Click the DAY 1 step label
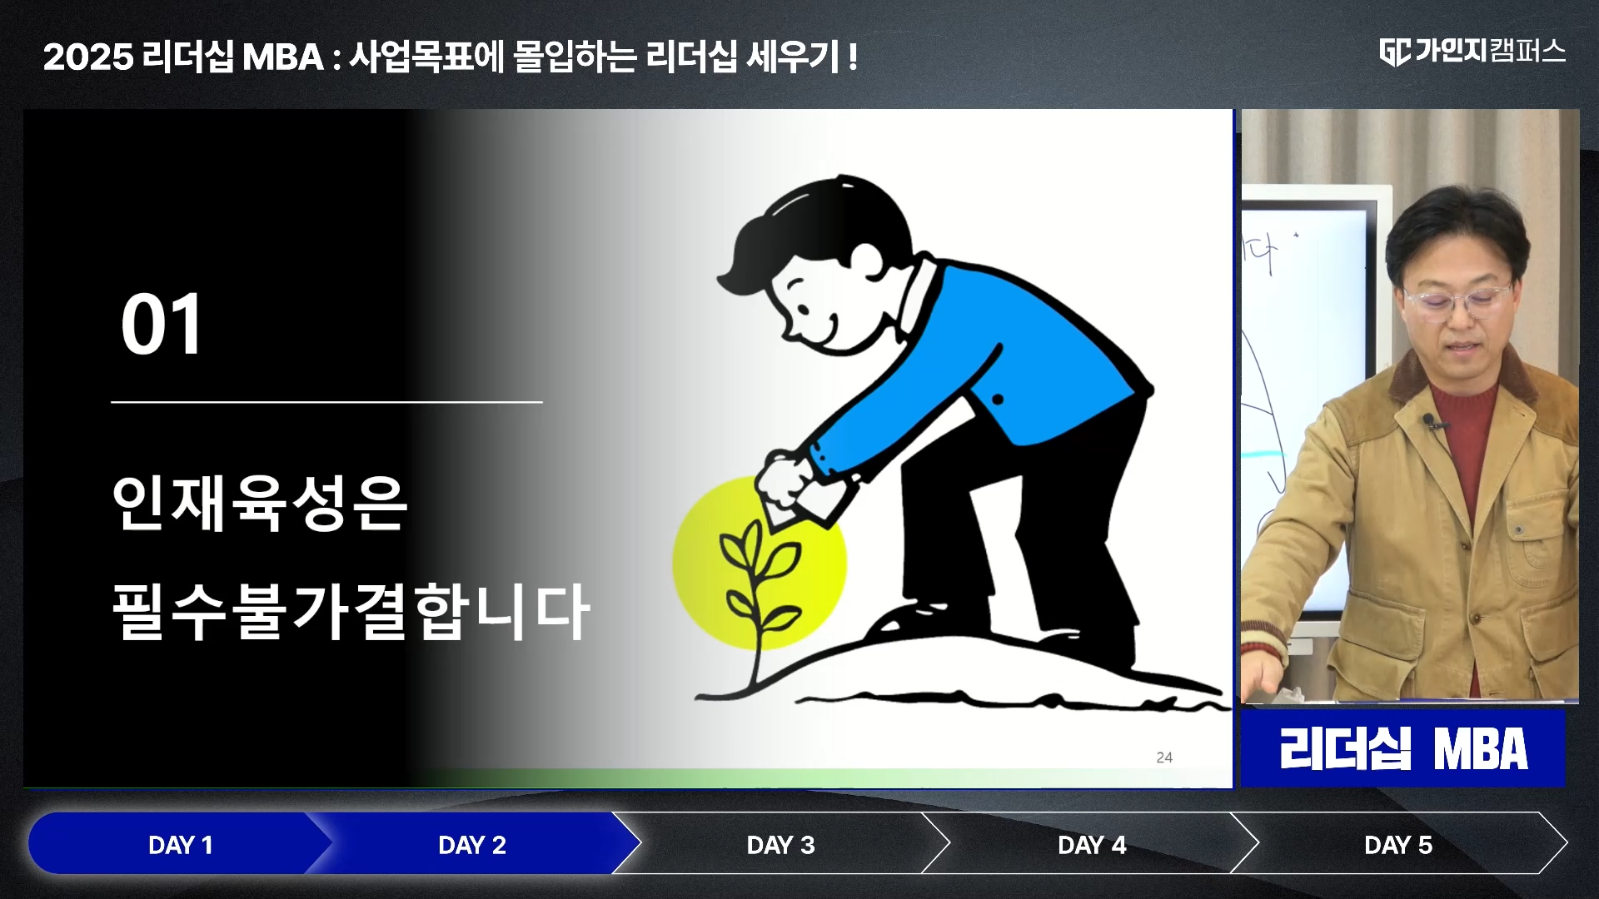click(x=180, y=845)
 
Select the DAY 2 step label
click(x=472, y=845)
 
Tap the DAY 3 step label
click(x=780, y=845)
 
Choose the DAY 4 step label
click(x=1091, y=845)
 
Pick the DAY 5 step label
click(x=1398, y=845)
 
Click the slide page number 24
click(x=1164, y=757)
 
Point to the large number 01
click(x=162, y=324)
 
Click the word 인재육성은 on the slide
click(x=259, y=503)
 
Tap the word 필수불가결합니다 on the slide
click(x=351, y=611)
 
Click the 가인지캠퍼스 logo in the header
click(x=1472, y=52)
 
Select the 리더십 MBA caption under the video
click(x=1403, y=748)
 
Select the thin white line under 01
click(x=326, y=402)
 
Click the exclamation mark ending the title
click(x=853, y=57)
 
